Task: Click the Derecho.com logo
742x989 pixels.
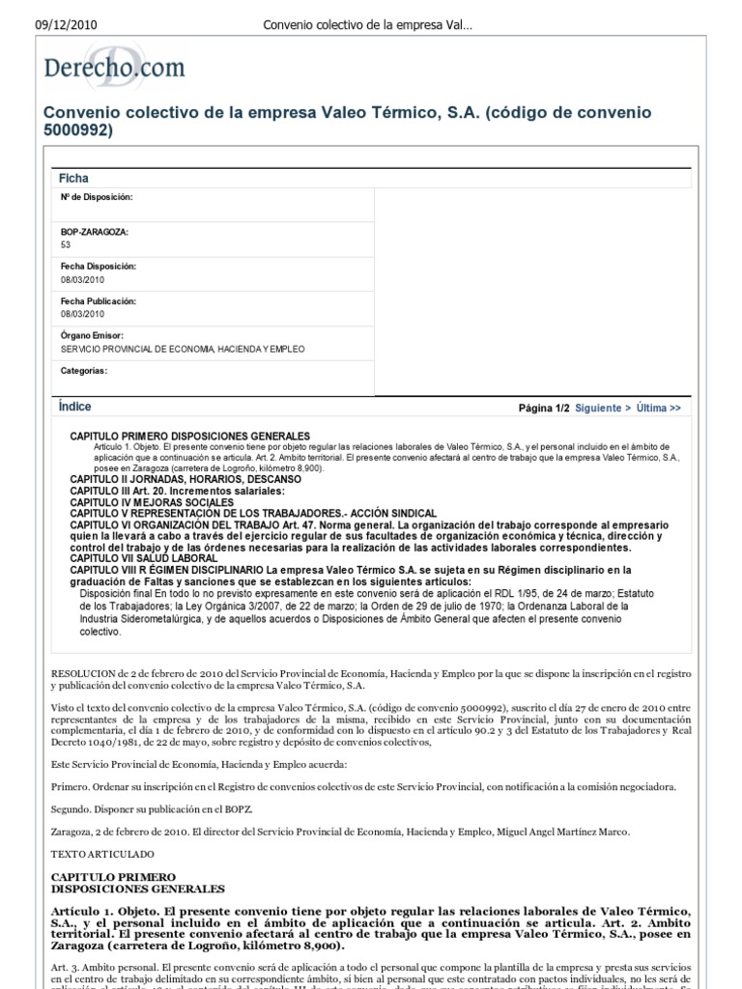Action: (x=114, y=69)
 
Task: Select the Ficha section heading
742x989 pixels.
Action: (x=73, y=178)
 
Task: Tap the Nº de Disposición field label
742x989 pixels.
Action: (x=97, y=197)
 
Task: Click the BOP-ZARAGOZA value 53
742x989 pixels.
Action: (x=66, y=245)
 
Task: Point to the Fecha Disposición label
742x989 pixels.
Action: (x=99, y=266)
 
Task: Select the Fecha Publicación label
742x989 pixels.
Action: (x=99, y=301)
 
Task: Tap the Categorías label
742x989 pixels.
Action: (x=84, y=370)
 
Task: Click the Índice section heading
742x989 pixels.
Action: (x=75, y=408)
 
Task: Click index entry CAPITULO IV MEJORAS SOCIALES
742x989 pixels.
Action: (x=152, y=502)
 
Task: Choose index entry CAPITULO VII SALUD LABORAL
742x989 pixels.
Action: (x=144, y=558)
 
